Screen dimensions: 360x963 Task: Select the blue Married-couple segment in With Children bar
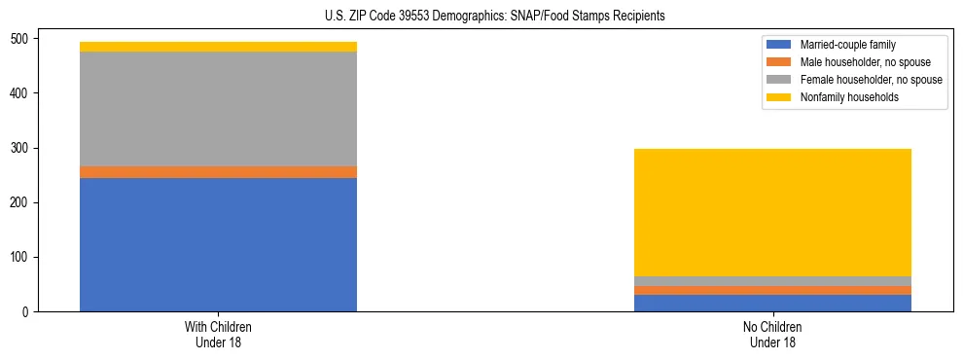[x=218, y=244]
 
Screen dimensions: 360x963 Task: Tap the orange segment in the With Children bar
[x=218, y=172]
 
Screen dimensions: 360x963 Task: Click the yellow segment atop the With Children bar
[x=218, y=47]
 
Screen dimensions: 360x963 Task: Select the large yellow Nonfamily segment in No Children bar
[x=772, y=212]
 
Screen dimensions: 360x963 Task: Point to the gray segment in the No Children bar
[x=772, y=281]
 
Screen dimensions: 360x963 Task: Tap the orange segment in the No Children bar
[x=772, y=290]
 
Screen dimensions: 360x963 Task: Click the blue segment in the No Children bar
[x=772, y=303]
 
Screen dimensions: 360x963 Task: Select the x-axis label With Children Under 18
[x=218, y=334]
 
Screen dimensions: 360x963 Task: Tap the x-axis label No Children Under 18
[x=772, y=334]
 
